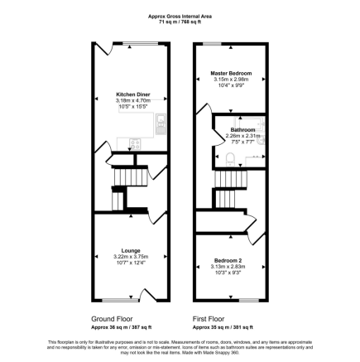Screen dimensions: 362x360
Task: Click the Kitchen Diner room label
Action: click(x=132, y=94)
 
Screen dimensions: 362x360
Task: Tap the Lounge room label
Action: click(x=131, y=251)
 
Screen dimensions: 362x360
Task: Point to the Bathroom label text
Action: click(x=242, y=130)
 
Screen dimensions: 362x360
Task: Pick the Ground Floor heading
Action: click(x=108, y=317)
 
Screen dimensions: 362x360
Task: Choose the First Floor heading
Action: click(x=209, y=317)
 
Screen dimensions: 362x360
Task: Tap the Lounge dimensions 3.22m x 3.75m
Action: click(x=131, y=257)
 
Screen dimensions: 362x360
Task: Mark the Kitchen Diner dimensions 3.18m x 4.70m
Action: click(x=132, y=100)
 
